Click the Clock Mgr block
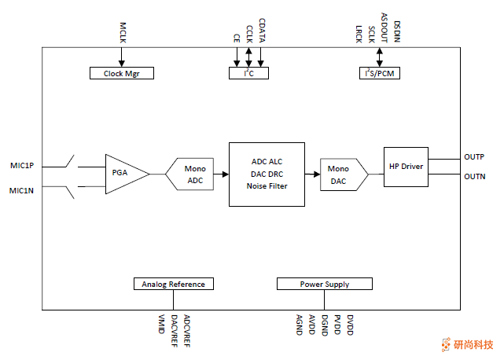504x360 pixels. coord(121,73)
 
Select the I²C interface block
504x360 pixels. coord(248,73)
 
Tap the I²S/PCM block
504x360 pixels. coord(380,73)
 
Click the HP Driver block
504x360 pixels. coord(406,166)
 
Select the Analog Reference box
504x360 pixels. coord(174,284)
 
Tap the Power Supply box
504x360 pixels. coord(324,284)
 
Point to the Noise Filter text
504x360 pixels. coord(267,186)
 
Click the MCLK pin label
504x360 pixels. coord(122,32)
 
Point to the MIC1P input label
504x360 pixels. coord(22,166)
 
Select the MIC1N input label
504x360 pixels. coord(22,190)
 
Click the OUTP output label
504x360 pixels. coord(474,157)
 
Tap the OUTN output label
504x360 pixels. coord(474,176)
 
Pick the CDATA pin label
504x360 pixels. coord(261,30)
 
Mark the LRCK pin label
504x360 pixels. coord(359,34)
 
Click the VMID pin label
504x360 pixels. coord(162,323)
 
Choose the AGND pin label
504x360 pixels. coord(300,325)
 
